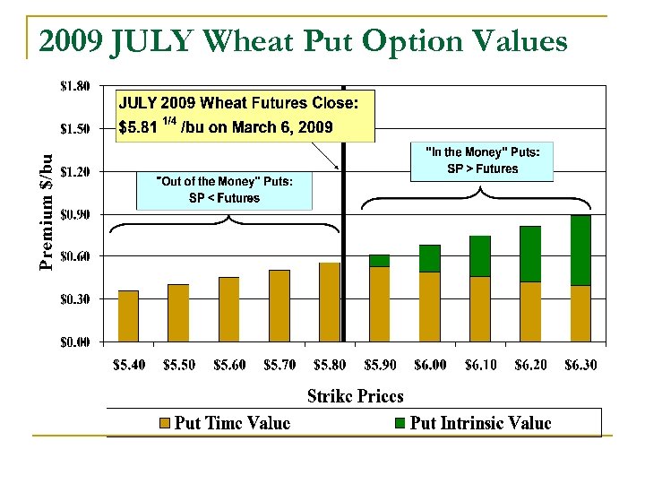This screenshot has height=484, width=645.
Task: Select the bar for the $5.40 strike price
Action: (x=128, y=315)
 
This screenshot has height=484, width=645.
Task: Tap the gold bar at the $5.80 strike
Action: (x=329, y=302)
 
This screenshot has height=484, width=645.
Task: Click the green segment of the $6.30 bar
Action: (x=580, y=250)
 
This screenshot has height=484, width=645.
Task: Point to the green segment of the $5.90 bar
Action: (x=379, y=261)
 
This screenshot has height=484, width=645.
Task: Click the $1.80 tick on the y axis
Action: (x=74, y=87)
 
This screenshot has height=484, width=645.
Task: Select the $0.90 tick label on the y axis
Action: (x=74, y=214)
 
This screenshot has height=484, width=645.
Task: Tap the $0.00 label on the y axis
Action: (x=74, y=341)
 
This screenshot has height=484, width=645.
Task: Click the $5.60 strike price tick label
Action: (x=229, y=365)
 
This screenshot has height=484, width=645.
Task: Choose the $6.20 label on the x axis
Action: (x=530, y=365)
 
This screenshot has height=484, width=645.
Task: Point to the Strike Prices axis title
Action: (x=355, y=395)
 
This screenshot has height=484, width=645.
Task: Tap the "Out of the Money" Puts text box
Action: (x=225, y=190)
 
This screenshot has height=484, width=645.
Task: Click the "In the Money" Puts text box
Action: (x=482, y=161)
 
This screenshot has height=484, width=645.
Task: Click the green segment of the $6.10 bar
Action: (x=480, y=256)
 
